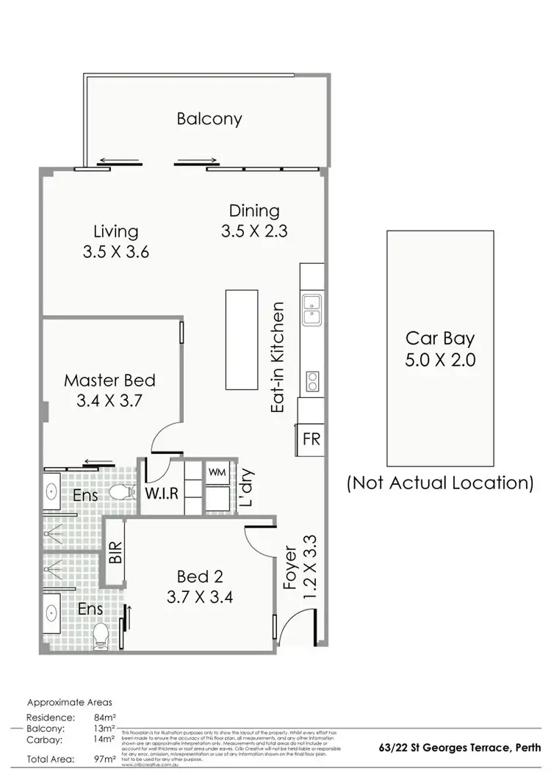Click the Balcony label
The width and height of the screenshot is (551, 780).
pos(209,118)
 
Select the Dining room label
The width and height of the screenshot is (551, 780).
pos(253,211)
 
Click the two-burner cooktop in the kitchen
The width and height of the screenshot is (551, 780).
pos(312,380)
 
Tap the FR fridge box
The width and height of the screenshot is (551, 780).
pos(311,439)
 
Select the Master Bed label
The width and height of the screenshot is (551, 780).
pos(109,380)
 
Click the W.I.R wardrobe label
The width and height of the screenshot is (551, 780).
pos(160,493)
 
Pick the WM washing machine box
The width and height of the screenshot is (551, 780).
pos(217,472)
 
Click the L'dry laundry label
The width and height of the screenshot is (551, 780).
pos(246,488)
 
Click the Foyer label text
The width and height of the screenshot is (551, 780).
pos(291,568)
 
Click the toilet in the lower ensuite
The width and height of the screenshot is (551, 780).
pos(101,638)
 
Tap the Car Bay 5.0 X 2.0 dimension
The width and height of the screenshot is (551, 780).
pos(441,360)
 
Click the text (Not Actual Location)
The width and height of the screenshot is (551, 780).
pos(440,483)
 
